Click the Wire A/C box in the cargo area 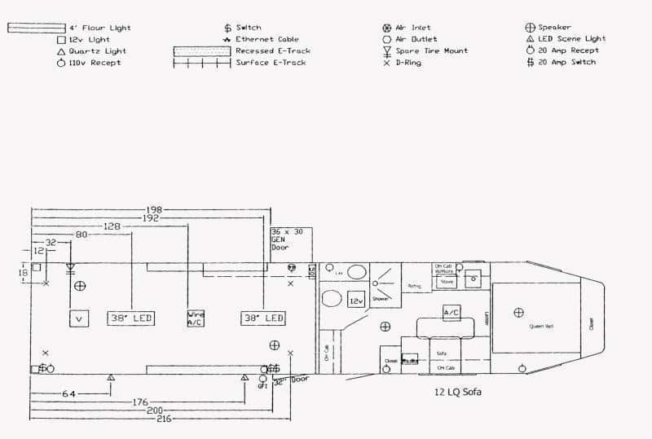[x=196, y=318]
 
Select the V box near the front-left [x=79, y=318]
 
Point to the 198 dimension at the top [x=152, y=209]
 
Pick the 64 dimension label [x=69, y=394]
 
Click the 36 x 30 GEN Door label [x=287, y=239]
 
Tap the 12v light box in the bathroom [x=356, y=299]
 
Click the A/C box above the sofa [x=451, y=313]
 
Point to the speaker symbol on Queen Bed [x=518, y=313]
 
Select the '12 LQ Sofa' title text [x=459, y=392]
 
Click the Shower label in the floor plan [x=380, y=299]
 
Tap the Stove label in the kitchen [x=447, y=282]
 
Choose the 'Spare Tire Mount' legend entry [x=431, y=50]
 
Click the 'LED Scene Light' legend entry [x=571, y=39]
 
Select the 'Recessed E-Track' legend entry [x=272, y=50]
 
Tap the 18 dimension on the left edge [x=23, y=274]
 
